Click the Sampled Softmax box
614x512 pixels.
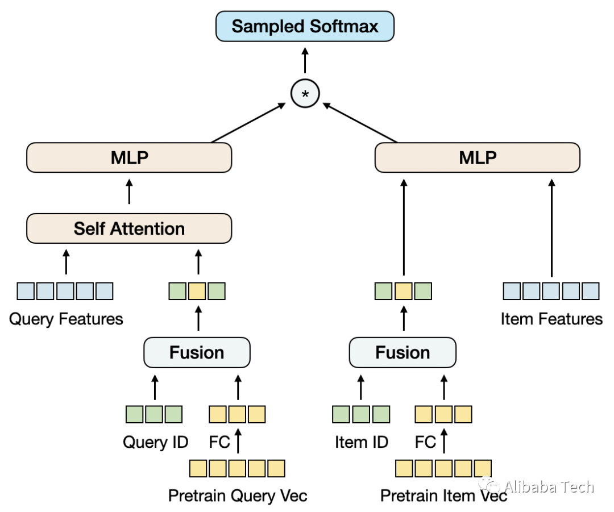[305, 26]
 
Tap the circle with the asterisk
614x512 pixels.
[305, 94]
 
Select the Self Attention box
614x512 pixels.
[129, 228]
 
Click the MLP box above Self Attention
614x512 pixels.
[129, 158]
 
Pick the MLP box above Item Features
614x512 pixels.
[478, 158]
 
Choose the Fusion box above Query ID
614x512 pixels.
[197, 353]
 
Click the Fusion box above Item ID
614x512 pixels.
[403, 353]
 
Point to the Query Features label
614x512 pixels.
[66, 319]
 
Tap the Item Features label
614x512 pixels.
[551, 319]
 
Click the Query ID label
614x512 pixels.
[155, 442]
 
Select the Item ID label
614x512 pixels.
[362, 442]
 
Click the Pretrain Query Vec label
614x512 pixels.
[238, 496]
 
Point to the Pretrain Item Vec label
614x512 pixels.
[443, 496]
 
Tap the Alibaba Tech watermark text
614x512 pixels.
[549, 487]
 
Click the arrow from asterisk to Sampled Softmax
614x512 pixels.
[305, 60]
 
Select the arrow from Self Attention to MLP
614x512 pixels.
[129, 192]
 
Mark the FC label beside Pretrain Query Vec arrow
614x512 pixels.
[219, 442]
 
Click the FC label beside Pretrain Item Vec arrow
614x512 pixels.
[425, 442]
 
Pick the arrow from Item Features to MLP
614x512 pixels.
[551, 228]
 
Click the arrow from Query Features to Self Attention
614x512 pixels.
[66, 262]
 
